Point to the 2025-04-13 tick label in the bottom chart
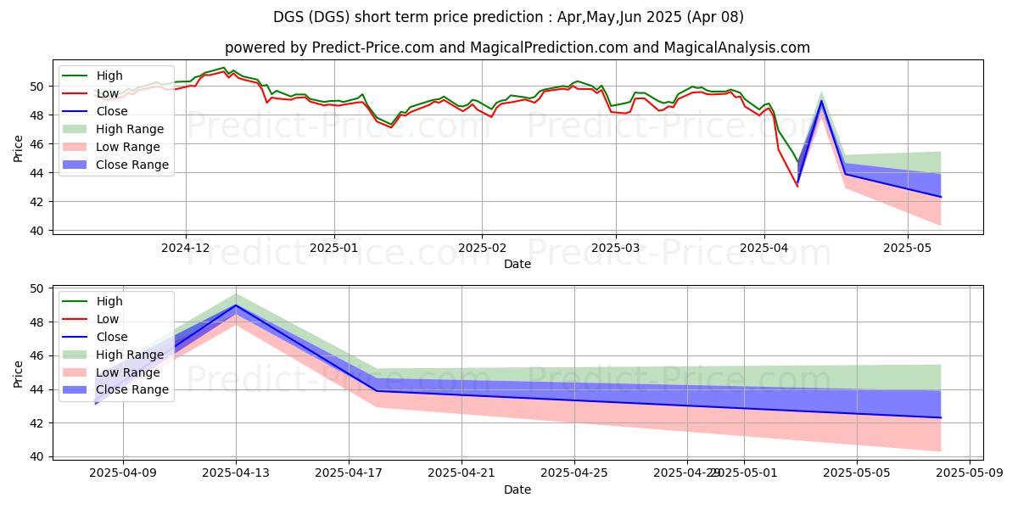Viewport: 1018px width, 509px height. [x=236, y=473]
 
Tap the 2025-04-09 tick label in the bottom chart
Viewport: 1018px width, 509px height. [x=123, y=473]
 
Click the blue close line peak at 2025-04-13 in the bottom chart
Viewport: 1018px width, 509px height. [x=236, y=305]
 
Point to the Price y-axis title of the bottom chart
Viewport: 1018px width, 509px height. [x=19, y=373]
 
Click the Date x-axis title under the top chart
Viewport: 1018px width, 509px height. [x=517, y=264]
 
